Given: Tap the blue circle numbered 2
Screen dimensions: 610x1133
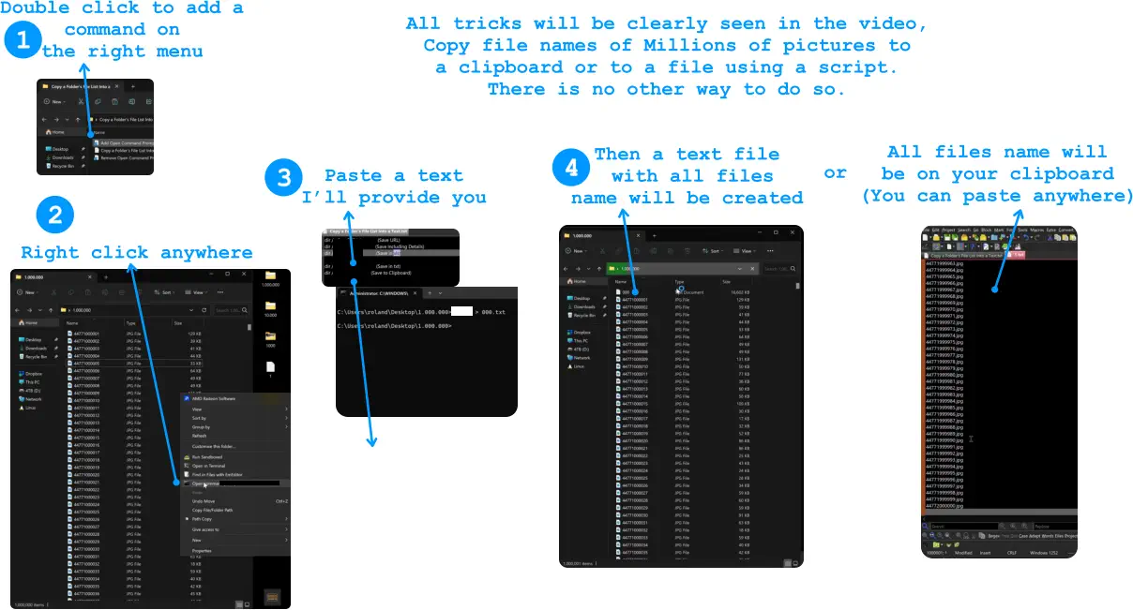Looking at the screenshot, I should (54, 216).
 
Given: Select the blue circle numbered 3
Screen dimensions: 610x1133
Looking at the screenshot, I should (283, 178).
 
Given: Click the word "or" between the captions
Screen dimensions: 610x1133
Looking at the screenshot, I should (835, 172).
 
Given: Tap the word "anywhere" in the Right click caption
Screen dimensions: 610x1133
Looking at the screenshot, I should (206, 252).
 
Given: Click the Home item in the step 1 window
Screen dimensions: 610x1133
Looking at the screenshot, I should (55, 132).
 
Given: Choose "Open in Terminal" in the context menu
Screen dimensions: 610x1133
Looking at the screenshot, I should (208, 466).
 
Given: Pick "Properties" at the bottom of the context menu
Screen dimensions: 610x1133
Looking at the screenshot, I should (202, 550).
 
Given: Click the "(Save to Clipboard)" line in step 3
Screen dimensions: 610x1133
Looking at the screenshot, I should (389, 273).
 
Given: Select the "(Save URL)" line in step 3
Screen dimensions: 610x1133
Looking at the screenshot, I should (388, 240).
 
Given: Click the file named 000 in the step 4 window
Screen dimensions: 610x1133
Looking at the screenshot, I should (627, 291).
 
